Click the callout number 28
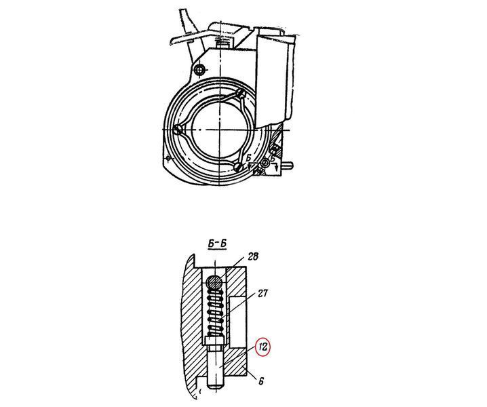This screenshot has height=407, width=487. coord(253,257)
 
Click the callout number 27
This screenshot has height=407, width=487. coord(262,294)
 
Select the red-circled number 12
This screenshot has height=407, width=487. coord(262,347)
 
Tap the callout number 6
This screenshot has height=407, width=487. coord(261,381)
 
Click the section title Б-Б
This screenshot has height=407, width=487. coord(217,244)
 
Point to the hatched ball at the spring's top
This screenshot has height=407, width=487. coord(214,282)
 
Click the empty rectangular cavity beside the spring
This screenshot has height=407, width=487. coord(238,322)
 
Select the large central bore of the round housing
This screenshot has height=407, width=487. coord(220,130)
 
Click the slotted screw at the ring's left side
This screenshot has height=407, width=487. coord(178,130)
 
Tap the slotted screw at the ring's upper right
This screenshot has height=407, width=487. coord(241,93)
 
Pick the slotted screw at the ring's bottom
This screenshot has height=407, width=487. coord(239,167)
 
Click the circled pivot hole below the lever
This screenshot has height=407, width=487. coord(199,70)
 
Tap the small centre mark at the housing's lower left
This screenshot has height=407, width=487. coord(168,158)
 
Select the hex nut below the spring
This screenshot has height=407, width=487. coord(214,342)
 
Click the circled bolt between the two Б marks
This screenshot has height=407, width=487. coord(266,162)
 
